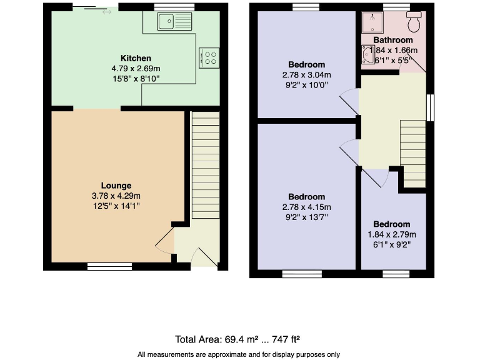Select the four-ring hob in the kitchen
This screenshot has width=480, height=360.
pyautogui.click(x=209, y=57)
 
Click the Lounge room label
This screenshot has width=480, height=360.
pyautogui.click(x=116, y=186)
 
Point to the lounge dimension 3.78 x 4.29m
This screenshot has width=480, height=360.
pyautogui.click(x=116, y=196)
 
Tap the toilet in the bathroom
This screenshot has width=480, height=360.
pyautogui.click(x=413, y=22)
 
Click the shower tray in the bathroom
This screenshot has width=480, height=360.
pyautogui.click(x=372, y=23)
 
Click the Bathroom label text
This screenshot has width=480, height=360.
pyautogui.click(x=393, y=40)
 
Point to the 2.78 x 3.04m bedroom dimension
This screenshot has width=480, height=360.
pyautogui.click(x=306, y=74)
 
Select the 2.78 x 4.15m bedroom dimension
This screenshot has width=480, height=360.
pyautogui.click(x=306, y=207)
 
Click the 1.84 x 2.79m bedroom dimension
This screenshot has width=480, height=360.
pyautogui.click(x=392, y=235)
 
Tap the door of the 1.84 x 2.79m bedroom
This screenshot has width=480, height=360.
pyautogui.click(x=376, y=177)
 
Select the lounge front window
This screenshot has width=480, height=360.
pyautogui.click(x=109, y=266)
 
